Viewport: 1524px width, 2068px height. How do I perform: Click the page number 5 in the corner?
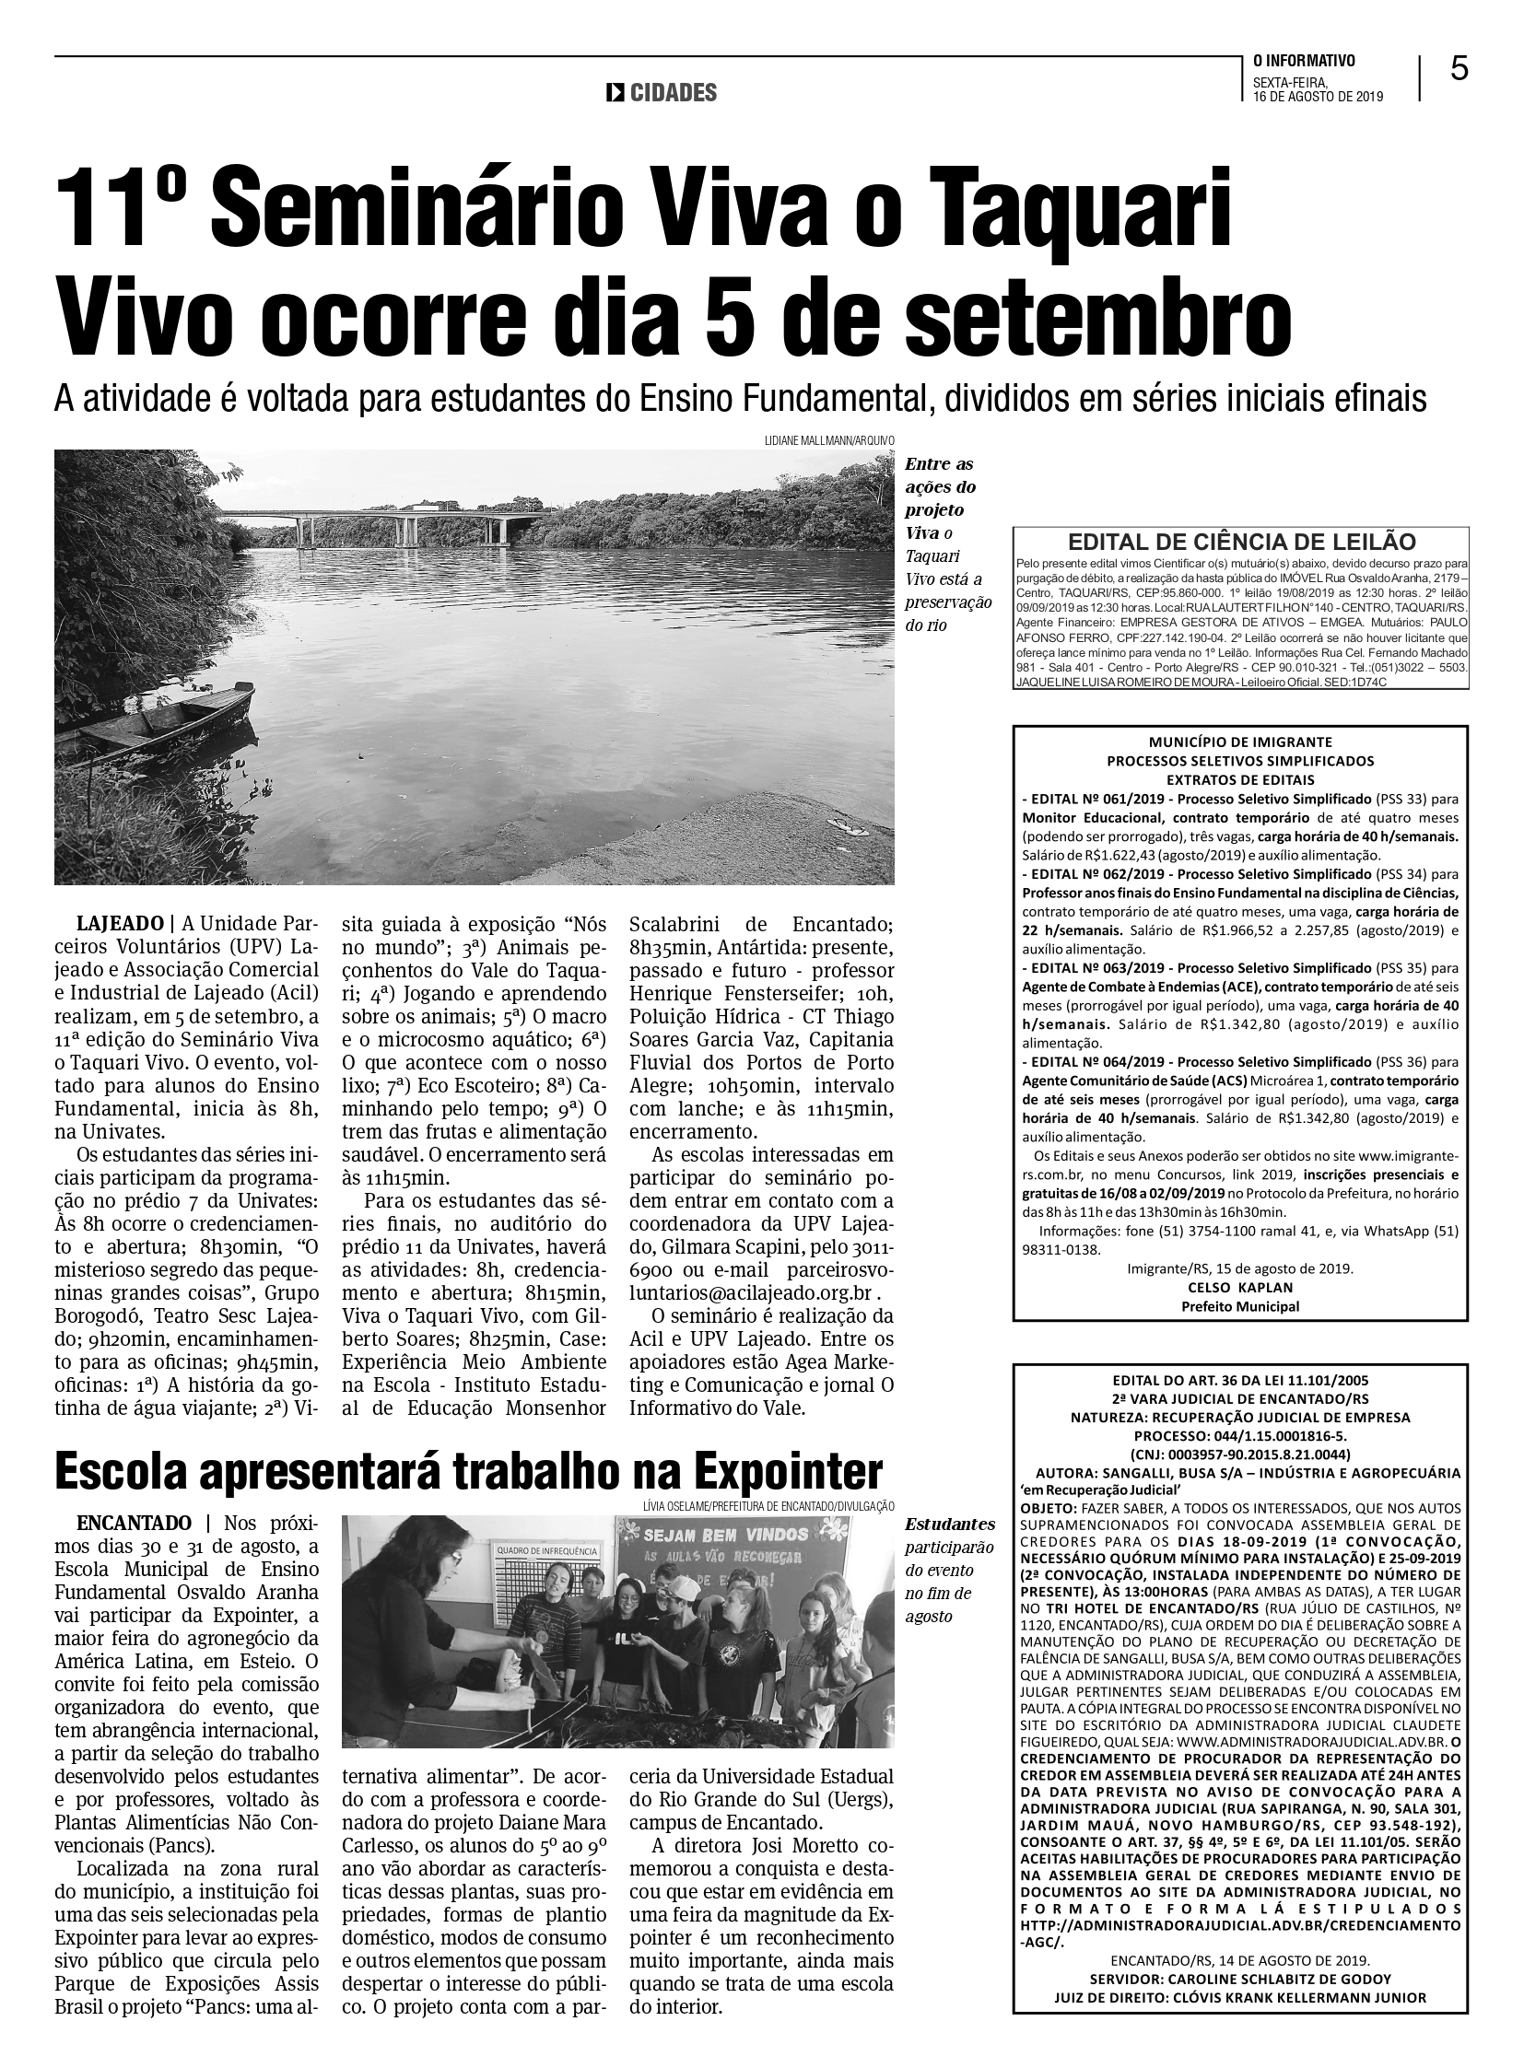pos(1459,69)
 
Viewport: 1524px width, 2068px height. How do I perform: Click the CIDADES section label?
pos(673,93)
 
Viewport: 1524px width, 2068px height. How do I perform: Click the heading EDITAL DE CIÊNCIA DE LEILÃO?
pos(1240,543)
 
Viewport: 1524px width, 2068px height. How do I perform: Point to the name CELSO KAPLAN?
pos(1240,1288)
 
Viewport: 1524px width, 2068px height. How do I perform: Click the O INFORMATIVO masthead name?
pos(1304,62)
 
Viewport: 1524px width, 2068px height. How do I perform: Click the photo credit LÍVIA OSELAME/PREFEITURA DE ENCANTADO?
pos(768,1506)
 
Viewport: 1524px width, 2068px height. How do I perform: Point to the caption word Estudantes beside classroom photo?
pos(949,1525)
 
